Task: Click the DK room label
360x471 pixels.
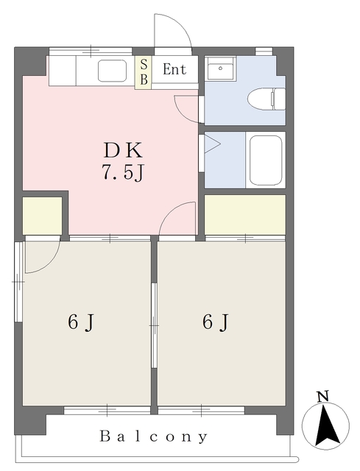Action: (122, 150)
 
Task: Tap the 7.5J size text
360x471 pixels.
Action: (122, 174)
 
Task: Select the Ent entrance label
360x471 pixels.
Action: (174, 71)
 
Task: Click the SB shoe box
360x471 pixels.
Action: (144, 71)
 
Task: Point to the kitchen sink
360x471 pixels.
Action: (111, 71)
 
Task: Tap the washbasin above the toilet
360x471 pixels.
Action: (219, 71)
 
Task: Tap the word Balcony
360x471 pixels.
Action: (155, 436)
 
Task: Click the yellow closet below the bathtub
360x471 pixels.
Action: (244, 213)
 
